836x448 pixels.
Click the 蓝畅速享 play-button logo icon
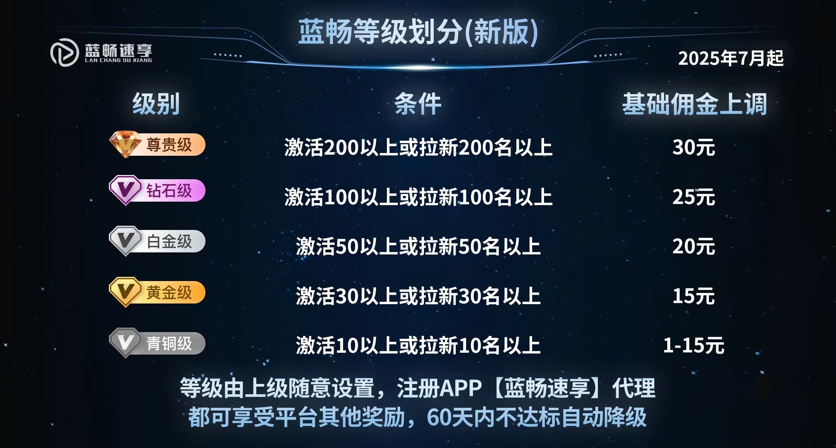coord(64,52)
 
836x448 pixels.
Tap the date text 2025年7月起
coord(730,58)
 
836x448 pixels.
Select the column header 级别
coord(156,104)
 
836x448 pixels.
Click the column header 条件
coord(418,104)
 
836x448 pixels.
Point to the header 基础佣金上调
coord(695,104)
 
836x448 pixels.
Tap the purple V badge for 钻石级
coord(125,190)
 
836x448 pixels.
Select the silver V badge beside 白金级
coord(125,241)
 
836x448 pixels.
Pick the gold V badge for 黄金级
coord(125,292)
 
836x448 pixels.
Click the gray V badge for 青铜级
coord(125,343)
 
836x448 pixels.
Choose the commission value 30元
coord(694,147)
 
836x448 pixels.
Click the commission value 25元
coord(694,197)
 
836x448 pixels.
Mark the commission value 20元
coord(694,246)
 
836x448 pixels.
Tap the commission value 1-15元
coord(694,345)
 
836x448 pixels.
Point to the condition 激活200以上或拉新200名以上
coord(418,147)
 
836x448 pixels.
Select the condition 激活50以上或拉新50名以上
coord(418,246)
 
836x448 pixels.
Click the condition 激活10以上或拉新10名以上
coord(418,345)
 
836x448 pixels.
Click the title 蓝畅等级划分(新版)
coord(418,32)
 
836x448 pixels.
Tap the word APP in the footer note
coord(460,388)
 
